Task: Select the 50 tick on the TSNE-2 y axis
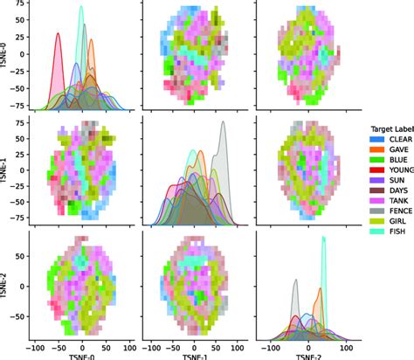(21, 249)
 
